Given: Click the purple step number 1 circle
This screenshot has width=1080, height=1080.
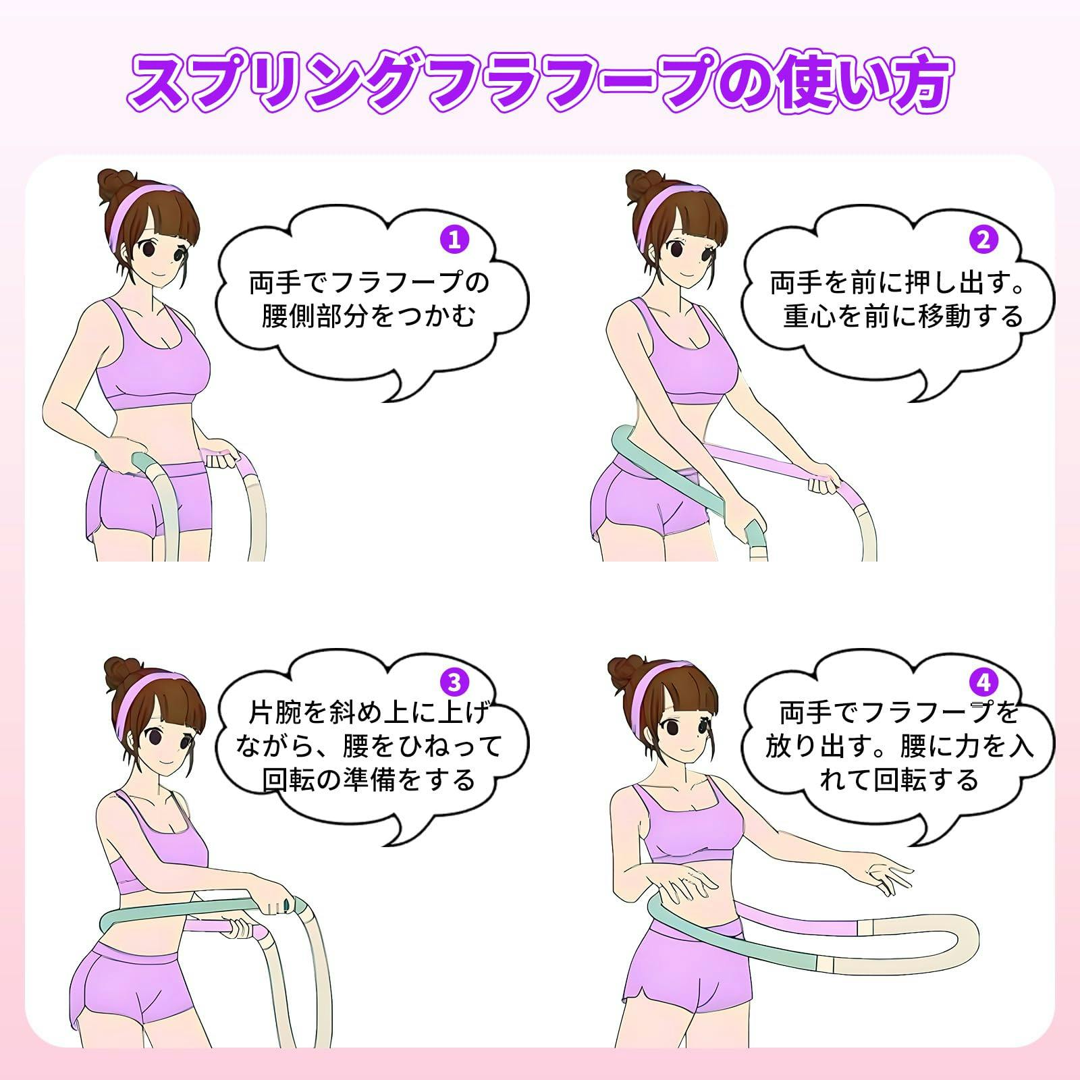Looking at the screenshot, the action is tap(454, 240).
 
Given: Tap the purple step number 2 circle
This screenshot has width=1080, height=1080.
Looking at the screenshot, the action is tap(983, 240).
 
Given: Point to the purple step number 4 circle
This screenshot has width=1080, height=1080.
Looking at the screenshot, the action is tap(983, 682).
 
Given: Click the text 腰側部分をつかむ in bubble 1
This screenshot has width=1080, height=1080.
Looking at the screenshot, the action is tap(369, 316).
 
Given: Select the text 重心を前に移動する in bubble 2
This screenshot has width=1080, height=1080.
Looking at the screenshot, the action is tap(903, 316).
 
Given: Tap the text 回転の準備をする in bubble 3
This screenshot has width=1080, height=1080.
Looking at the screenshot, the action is tap(369, 780).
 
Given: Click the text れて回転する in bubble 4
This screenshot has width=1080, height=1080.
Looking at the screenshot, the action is tap(898, 780).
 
